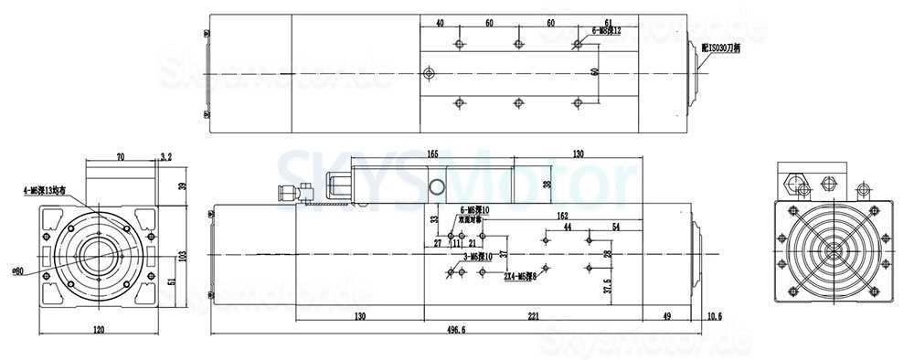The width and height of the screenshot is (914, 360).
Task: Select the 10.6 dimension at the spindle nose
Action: [715, 317]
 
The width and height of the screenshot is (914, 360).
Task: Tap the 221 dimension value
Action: [533, 317]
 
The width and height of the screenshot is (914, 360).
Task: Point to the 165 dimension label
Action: [433, 154]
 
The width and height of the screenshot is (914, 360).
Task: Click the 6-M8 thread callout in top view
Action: [607, 30]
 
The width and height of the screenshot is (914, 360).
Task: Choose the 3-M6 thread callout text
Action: [473, 257]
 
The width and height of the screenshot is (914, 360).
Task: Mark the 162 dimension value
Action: [562, 216]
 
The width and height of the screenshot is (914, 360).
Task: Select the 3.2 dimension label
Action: [166, 158]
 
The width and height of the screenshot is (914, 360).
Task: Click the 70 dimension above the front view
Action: [121, 158]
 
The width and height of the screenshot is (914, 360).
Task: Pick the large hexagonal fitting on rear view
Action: [792, 179]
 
